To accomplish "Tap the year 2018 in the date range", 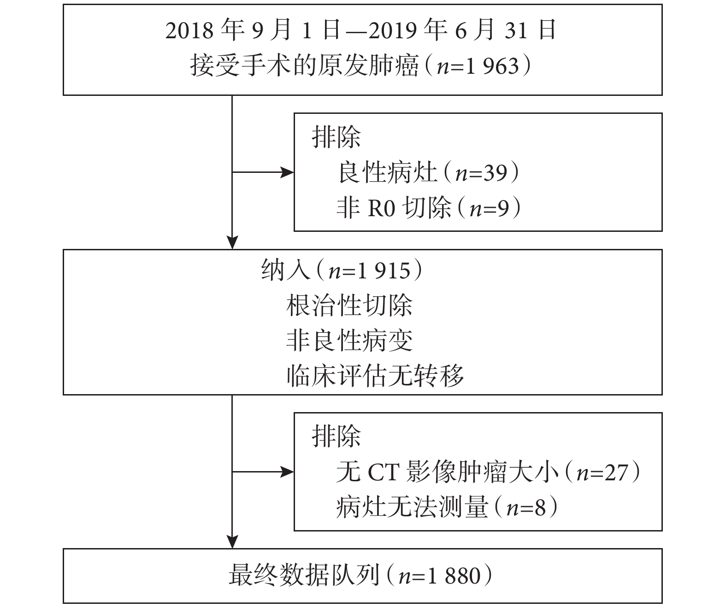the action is click(x=189, y=30).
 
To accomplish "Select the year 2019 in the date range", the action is click(x=393, y=30).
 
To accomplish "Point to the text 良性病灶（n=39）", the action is click(x=429, y=172).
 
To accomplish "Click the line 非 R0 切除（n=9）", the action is click(x=429, y=208).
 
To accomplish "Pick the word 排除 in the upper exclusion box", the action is click(x=336, y=137).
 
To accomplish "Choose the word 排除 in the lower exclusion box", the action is click(x=336, y=436).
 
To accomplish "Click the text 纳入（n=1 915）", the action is click(x=342, y=270).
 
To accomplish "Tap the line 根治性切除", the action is click(x=349, y=306).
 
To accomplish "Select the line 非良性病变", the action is click(x=349, y=341).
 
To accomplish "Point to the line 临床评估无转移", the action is click(x=375, y=376).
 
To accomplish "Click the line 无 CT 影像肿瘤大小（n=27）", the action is click(x=489, y=472).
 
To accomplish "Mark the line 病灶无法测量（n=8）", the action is click(x=447, y=508).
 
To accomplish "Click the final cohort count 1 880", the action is click(x=454, y=576).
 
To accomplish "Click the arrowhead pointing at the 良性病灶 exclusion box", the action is click(x=287, y=172).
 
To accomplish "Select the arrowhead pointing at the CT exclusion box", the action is click(x=287, y=472).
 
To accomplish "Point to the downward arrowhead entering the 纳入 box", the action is click(x=232, y=242).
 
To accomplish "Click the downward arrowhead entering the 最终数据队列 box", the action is click(x=232, y=542).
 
